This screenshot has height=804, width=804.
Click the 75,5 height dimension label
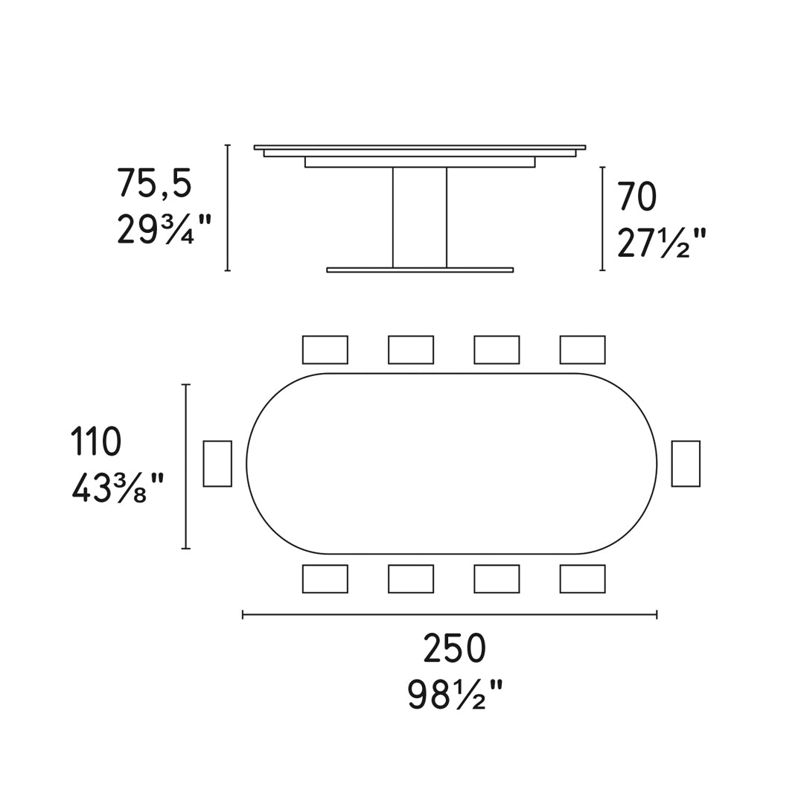(x=154, y=184)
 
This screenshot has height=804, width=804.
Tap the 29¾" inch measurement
(x=164, y=229)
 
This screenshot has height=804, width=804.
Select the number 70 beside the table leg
(x=637, y=197)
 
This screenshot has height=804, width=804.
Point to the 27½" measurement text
(x=661, y=242)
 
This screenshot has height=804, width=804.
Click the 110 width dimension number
(x=96, y=441)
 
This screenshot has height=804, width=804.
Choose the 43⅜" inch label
(x=118, y=488)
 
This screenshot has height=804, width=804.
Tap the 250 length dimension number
(x=454, y=648)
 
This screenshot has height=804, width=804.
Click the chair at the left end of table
(x=217, y=464)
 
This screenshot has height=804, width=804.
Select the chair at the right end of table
(x=686, y=464)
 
